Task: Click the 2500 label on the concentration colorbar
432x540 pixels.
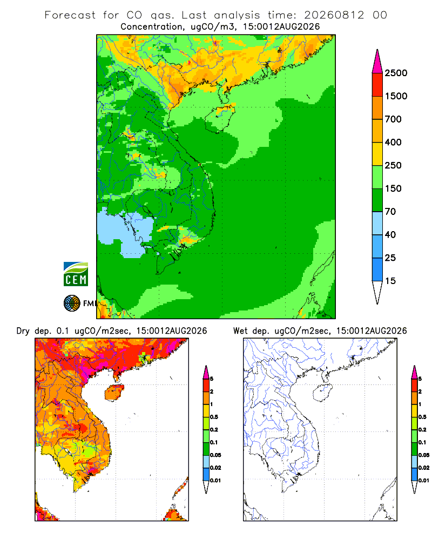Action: [396, 73]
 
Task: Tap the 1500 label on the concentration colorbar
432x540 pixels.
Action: [396, 96]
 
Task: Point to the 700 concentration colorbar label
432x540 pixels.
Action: [393, 119]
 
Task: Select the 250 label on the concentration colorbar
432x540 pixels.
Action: [393, 165]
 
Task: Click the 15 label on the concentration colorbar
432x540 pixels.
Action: [390, 281]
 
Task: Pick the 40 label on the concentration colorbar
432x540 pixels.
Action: [390, 235]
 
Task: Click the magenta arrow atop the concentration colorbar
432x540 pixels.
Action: [377, 62]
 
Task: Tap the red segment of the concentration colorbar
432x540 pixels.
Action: [377, 85]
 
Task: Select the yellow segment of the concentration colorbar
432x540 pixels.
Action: [377, 154]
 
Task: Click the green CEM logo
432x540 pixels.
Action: [76, 274]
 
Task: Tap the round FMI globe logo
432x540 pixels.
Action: [72, 303]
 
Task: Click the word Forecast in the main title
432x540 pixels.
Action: [70, 15]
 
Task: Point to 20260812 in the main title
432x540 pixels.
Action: [334, 15]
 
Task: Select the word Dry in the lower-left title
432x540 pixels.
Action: [23, 332]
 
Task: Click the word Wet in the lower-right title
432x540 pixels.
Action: [240, 331]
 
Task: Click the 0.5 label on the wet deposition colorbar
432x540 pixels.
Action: [422, 417]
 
